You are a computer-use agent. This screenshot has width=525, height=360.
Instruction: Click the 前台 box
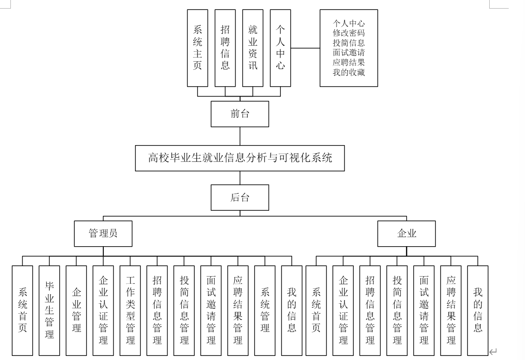coord(240,114)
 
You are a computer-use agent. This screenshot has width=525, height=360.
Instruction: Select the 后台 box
coord(240,198)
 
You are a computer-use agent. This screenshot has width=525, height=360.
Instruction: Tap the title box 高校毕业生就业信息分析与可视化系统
coord(240,158)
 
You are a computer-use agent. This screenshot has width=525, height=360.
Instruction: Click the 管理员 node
coord(103,234)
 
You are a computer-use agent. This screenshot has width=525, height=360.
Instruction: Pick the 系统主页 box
coord(197,48)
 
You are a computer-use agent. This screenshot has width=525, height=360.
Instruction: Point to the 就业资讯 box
coord(253,48)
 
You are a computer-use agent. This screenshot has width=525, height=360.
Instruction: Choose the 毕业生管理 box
coord(49,310)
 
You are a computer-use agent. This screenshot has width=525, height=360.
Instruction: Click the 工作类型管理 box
coord(130,310)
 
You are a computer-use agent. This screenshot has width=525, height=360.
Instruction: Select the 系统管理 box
coord(265,310)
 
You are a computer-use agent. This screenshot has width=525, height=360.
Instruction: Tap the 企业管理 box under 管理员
coord(76,310)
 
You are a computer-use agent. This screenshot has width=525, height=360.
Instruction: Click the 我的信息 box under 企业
coord(478,310)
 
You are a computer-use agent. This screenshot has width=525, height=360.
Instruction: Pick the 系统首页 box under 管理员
coord(23,310)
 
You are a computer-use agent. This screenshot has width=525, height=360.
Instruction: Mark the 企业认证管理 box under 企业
coord(343,310)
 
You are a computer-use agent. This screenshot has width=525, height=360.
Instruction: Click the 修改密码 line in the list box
coord(349,33)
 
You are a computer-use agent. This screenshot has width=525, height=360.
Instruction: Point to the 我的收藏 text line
coord(349,73)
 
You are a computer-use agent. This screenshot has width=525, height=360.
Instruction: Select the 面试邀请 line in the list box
coord(349,53)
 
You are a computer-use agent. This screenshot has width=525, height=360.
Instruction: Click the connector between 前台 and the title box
coord(240,136)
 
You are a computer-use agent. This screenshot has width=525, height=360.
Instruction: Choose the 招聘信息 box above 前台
coord(225,48)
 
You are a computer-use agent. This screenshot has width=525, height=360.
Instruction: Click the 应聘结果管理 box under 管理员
coord(238,310)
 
